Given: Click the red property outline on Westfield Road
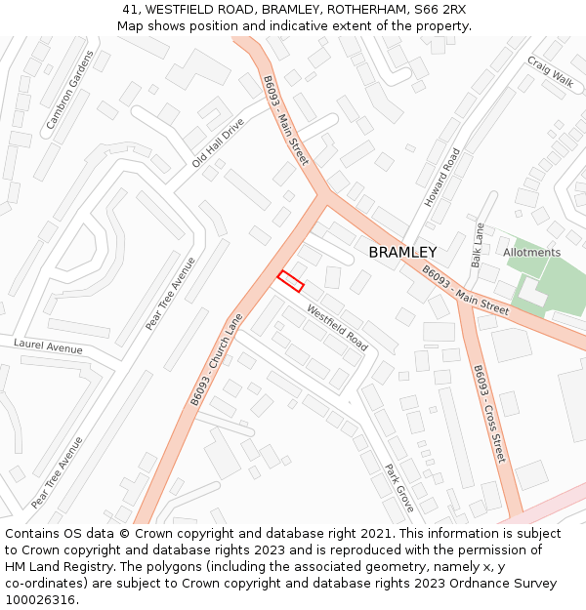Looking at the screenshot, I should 290,281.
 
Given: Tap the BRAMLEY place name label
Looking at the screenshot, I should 402,253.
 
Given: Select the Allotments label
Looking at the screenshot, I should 531,252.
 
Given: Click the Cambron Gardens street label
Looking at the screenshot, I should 69,90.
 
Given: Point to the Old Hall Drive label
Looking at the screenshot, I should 218,143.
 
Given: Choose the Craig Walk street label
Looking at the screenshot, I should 550,71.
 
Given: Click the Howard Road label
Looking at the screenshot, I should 441,177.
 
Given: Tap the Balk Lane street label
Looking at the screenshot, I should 478,245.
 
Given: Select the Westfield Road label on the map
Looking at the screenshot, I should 337,328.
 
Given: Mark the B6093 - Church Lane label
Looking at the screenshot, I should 216,359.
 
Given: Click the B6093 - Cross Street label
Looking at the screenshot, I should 489,414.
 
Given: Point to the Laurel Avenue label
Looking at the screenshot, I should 48,346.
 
